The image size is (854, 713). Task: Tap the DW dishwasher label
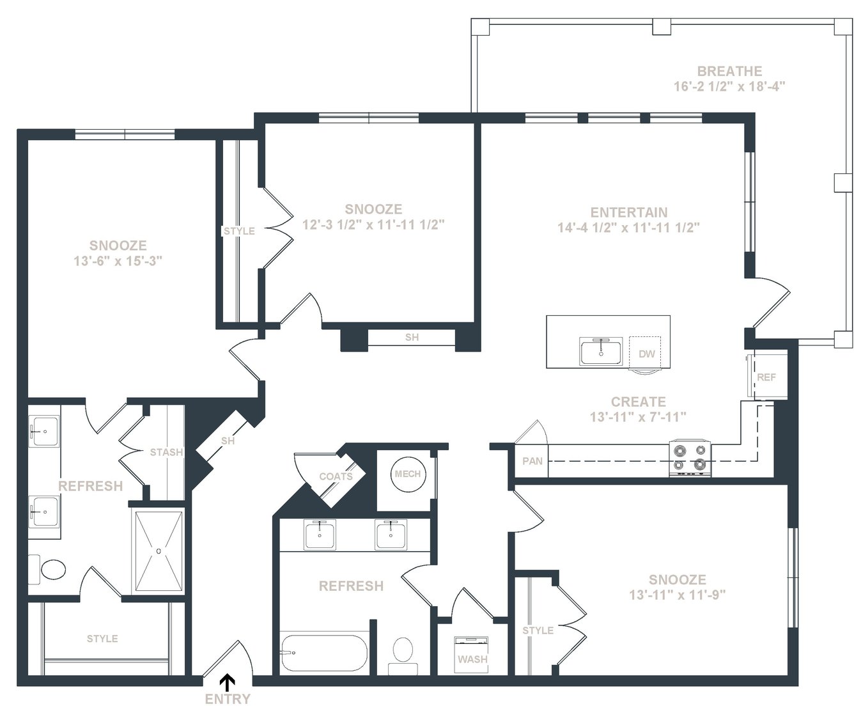[647, 354]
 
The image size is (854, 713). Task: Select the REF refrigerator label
[766, 377]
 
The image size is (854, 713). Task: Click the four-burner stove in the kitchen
[690, 458]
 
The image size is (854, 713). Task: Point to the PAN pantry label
[532, 461]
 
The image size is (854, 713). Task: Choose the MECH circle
[408, 474]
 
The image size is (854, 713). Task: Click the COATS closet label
[336, 476]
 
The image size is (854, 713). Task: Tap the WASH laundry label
[472, 659]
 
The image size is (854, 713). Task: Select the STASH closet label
[166, 452]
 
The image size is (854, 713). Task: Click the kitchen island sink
[601, 352]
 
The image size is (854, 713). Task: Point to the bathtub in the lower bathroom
[324, 654]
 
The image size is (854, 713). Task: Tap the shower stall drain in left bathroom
[159, 551]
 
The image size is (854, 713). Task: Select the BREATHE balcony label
[729, 71]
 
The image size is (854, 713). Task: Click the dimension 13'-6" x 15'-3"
[118, 261]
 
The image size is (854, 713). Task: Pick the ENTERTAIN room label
[629, 212]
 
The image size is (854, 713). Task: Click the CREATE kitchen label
[638, 402]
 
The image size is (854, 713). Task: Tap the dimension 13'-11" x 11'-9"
[678, 595]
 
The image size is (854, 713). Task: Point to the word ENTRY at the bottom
[228, 699]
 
